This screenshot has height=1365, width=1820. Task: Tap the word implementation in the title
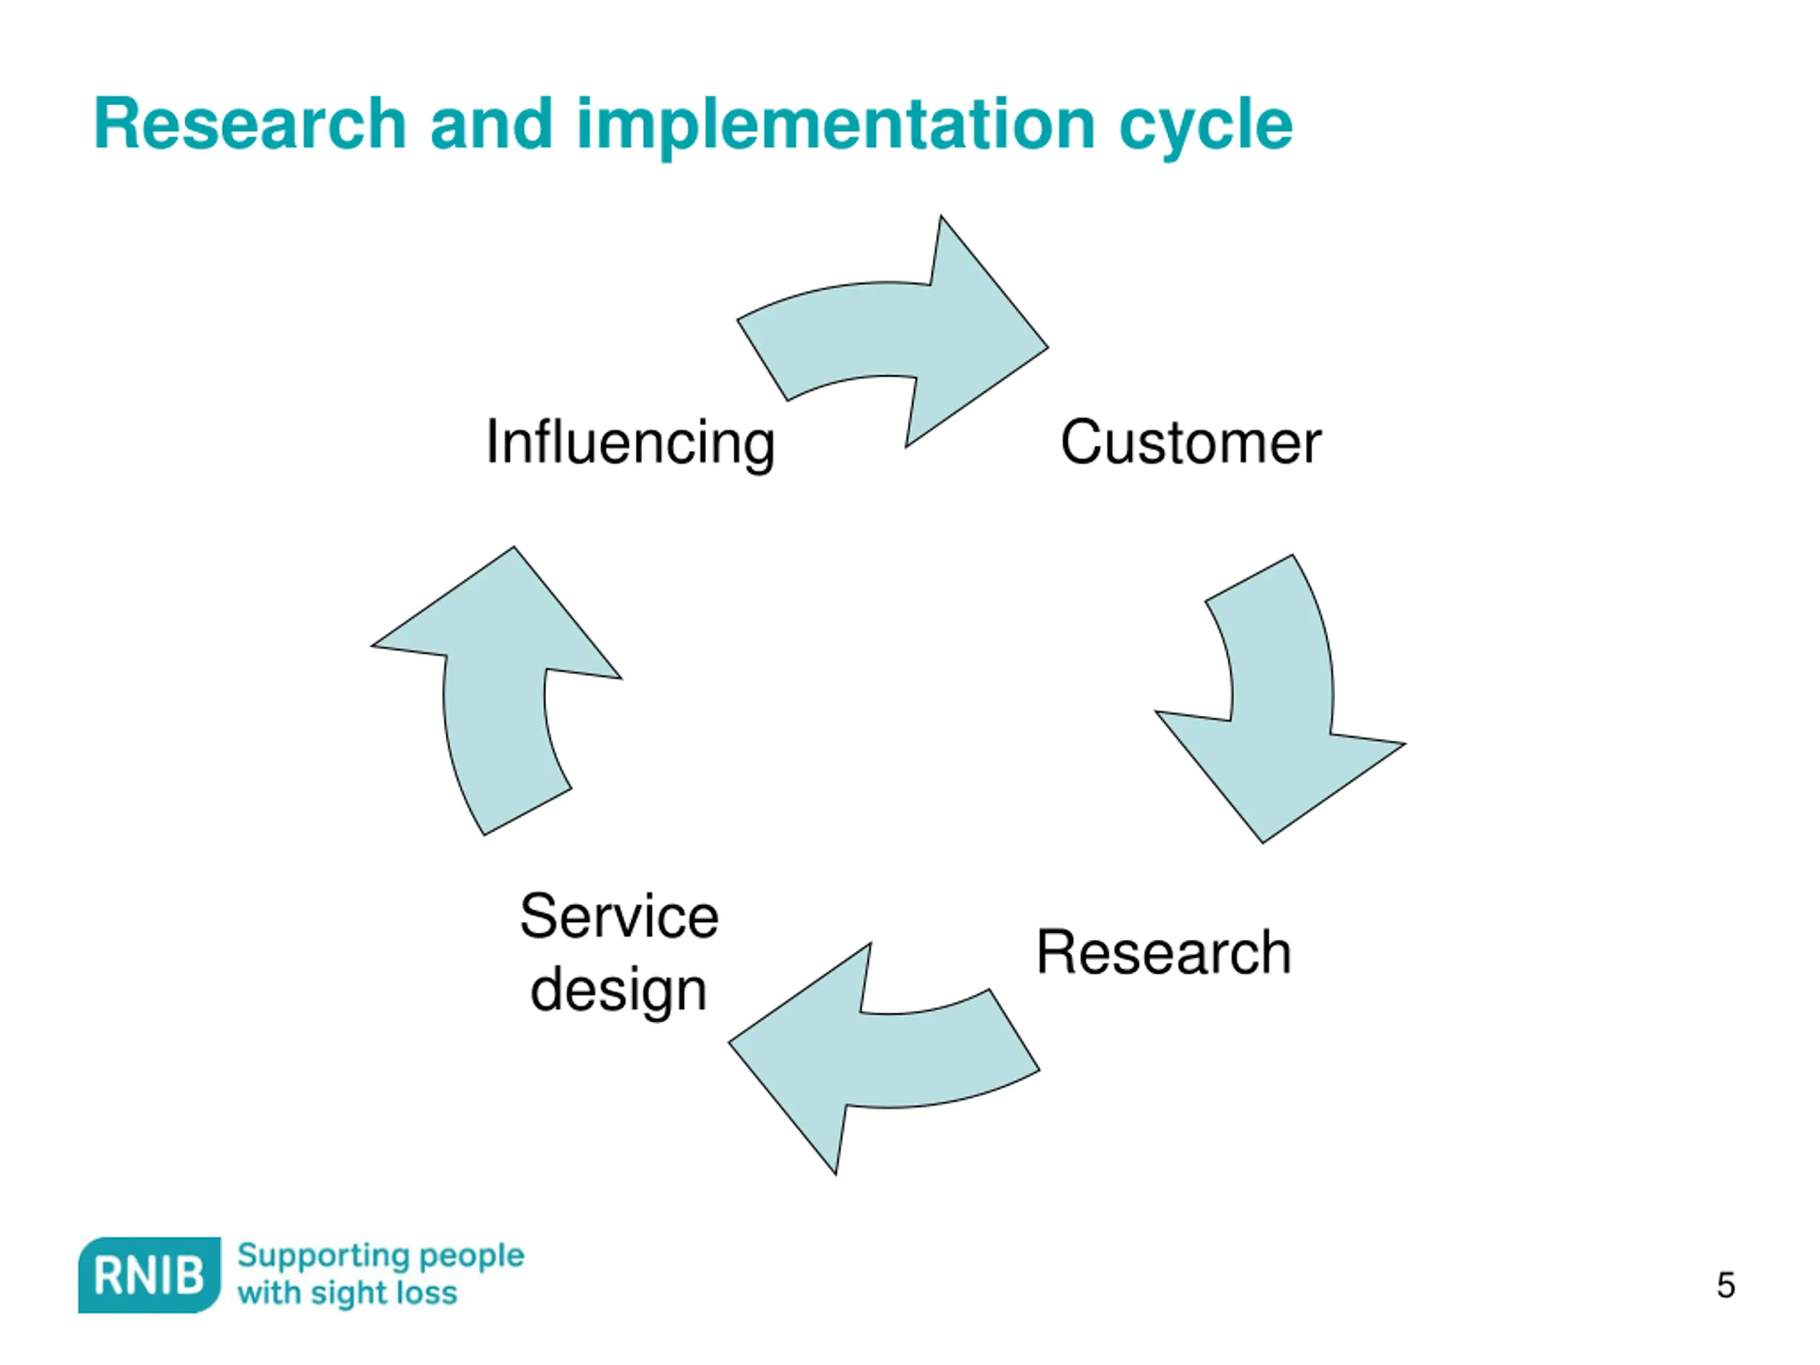click(x=835, y=124)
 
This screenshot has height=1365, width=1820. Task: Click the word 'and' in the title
click(x=491, y=124)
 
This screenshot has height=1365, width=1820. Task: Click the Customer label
click(x=1189, y=443)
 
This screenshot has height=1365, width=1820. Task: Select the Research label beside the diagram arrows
click(x=1163, y=953)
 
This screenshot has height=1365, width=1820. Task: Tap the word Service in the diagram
click(x=619, y=916)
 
